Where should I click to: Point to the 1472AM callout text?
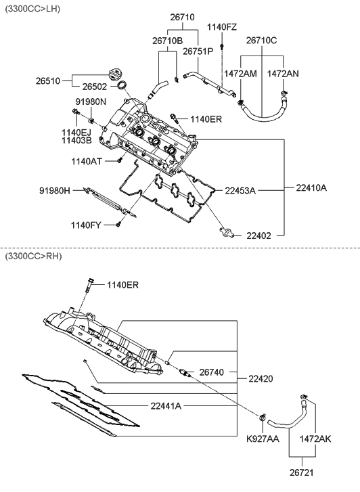point(240,72)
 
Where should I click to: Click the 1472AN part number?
point(283,72)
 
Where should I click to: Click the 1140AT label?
point(87,161)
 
